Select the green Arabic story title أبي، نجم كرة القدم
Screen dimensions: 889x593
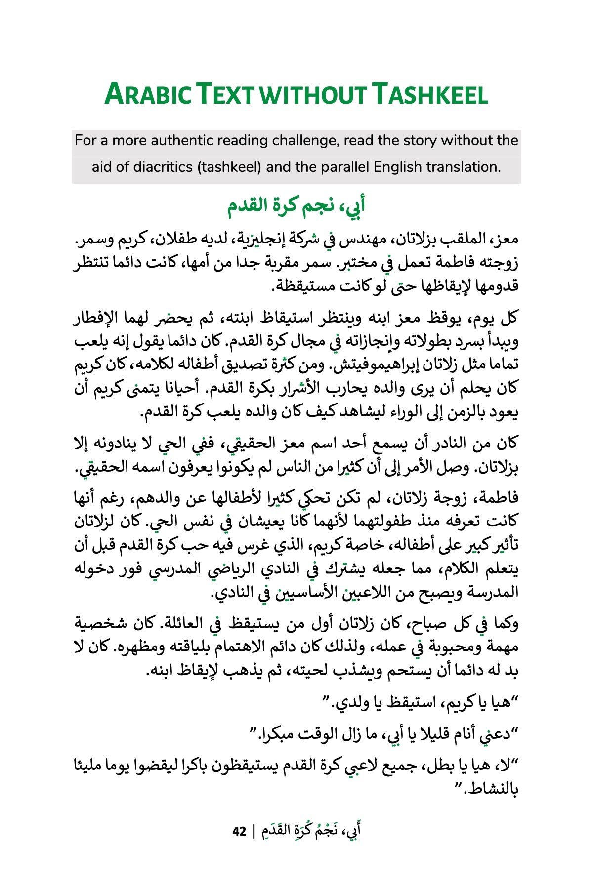coord(296,205)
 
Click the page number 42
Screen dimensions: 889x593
coord(239,832)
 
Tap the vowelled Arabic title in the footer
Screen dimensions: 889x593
coord(311,831)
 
